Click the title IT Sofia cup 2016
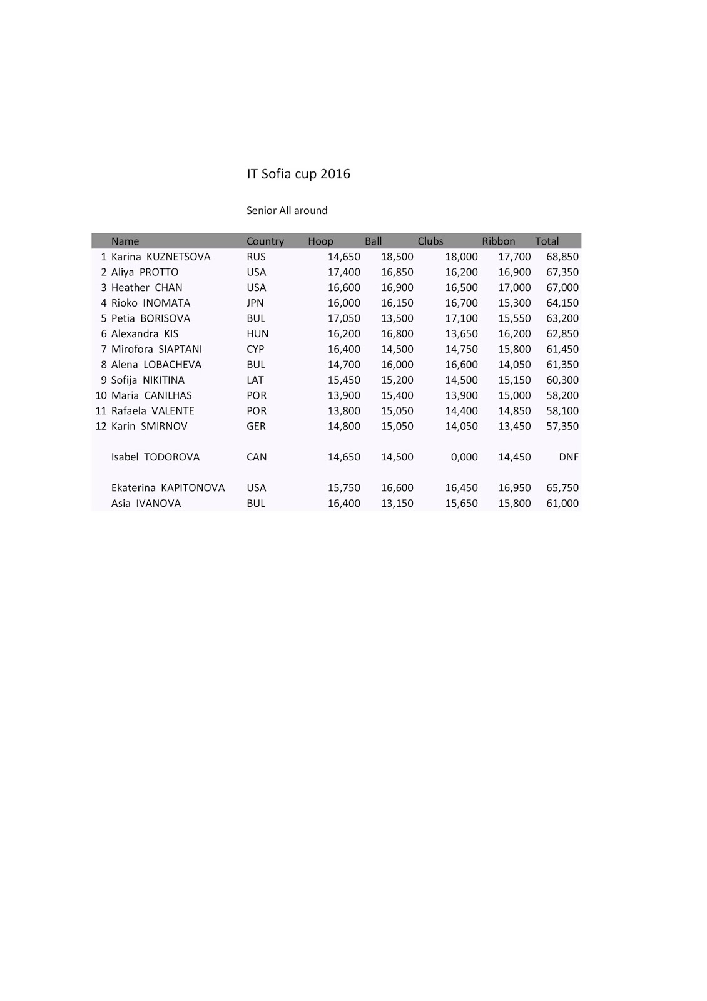pos(298,174)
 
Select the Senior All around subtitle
pos(287,210)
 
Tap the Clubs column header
pos(430,241)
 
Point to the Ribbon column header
pos(498,241)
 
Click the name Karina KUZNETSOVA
pos(161,257)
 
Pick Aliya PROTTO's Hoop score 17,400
pos(343,272)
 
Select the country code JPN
pos(255,303)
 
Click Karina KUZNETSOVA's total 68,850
pos(562,257)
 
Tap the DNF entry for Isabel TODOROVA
pos(568,457)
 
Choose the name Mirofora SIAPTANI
pos(156,349)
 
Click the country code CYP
pos(255,349)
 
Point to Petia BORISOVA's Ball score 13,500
pos(397,318)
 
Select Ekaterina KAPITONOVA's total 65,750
pos(562,487)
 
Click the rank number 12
pos(101,426)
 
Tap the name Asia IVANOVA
pos(146,503)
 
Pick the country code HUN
pos(257,333)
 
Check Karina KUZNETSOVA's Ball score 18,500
pos(397,257)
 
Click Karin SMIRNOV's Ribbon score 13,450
pos(514,426)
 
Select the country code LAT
pos(255,380)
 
